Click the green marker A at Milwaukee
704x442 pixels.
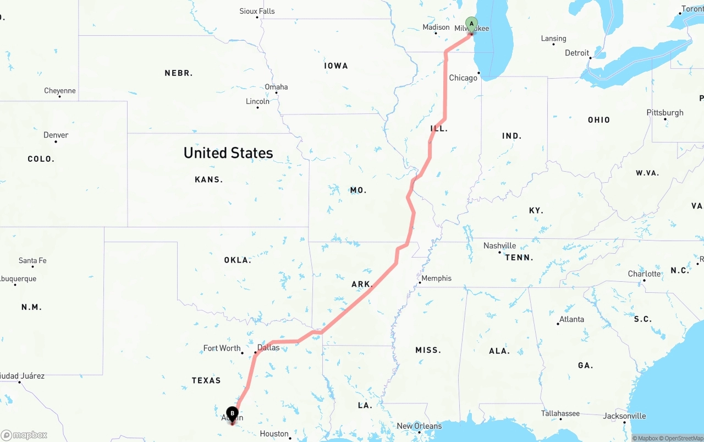point(471,24)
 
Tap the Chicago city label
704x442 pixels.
point(463,78)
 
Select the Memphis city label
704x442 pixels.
point(437,278)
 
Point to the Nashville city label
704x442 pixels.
point(500,245)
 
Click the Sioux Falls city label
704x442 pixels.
point(257,11)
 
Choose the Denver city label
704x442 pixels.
point(56,135)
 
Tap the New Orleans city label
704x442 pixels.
point(419,425)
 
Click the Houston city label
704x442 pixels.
point(274,434)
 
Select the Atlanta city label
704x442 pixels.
point(571,319)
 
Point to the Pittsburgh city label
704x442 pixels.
point(665,113)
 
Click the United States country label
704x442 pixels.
point(228,152)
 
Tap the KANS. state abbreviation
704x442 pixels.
point(209,179)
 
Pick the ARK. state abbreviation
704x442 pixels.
point(362,285)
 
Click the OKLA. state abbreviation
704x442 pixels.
point(238,260)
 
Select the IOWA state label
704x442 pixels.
point(336,66)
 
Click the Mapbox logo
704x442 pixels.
point(24,435)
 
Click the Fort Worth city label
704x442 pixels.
point(222,348)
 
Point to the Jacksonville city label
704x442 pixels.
point(624,416)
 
